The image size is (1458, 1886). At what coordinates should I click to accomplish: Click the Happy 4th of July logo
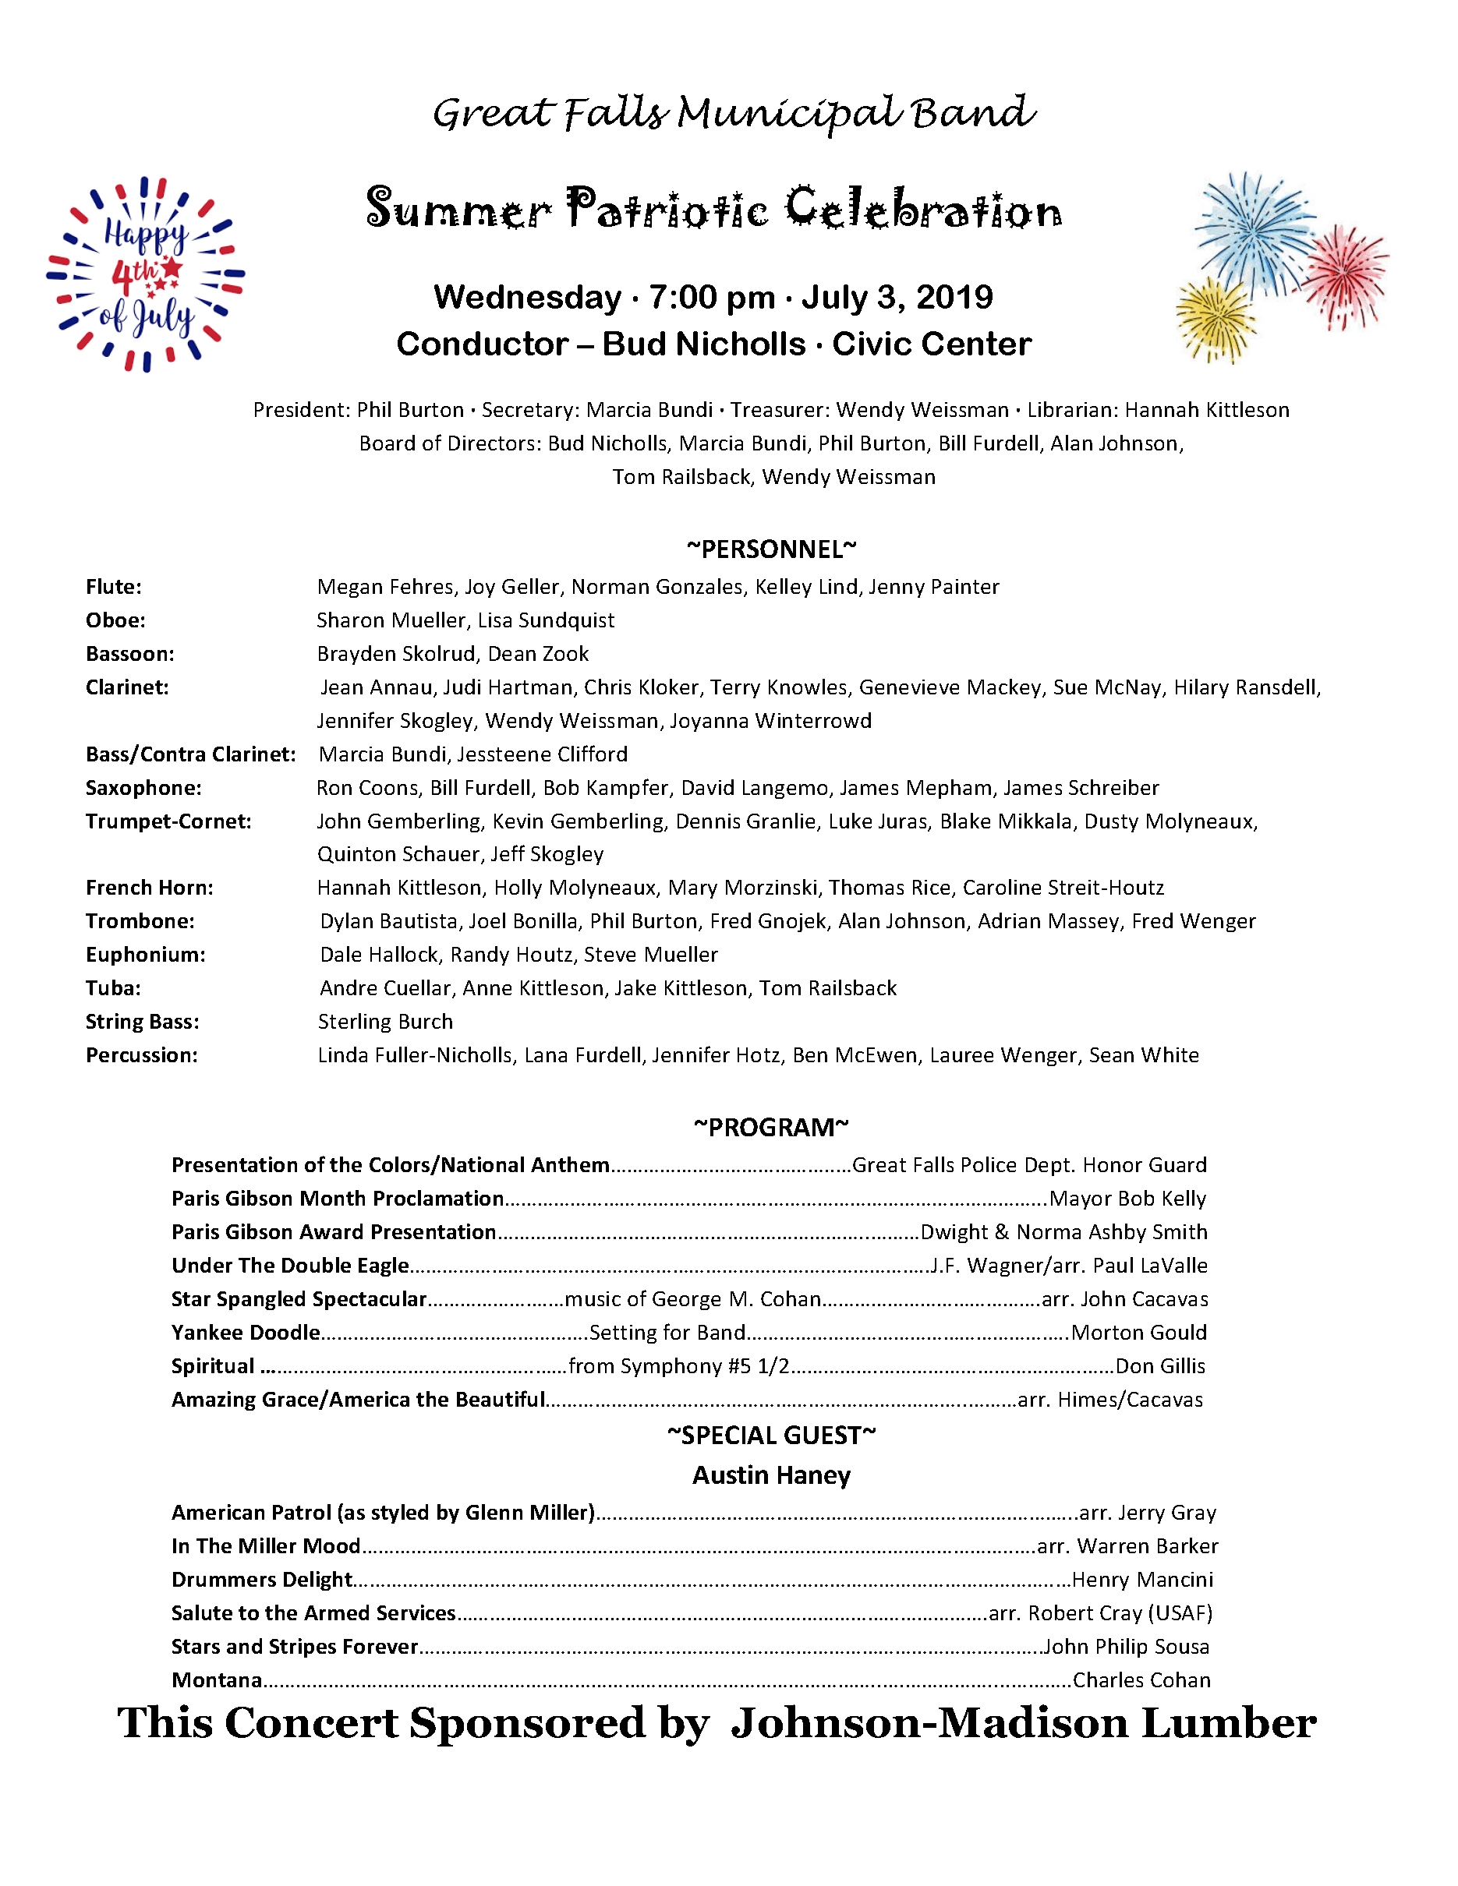[x=145, y=274]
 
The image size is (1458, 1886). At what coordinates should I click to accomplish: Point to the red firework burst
[x=1343, y=275]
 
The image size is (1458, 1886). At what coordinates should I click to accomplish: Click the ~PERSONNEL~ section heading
[x=770, y=549]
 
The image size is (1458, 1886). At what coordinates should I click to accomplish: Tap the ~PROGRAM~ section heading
[x=770, y=1127]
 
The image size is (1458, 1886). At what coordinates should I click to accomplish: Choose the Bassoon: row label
[x=129, y=654]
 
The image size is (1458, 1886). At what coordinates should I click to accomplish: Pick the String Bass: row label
[x=142, y=1022]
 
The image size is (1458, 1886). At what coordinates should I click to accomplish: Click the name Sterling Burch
[x=385, y=1022]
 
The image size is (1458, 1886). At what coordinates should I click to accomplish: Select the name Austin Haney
[x=771, y=1475]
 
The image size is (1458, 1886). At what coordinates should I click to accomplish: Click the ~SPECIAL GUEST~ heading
[x=771, y=1436]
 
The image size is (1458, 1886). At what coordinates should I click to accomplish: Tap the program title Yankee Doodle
[x=246, y=1333]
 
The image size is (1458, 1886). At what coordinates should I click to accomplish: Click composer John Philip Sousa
[x=1125, y=1647]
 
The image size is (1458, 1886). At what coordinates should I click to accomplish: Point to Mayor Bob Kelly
[x=1127, y=1199]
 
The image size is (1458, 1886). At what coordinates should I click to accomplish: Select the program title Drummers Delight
[x=262, y=1580]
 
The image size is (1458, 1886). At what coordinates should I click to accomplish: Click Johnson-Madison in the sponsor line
[x=929, y=1724]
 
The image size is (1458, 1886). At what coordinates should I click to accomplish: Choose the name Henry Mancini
[x=1142, y=1580]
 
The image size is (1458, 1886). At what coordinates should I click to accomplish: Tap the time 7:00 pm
[x=712, y=297]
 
